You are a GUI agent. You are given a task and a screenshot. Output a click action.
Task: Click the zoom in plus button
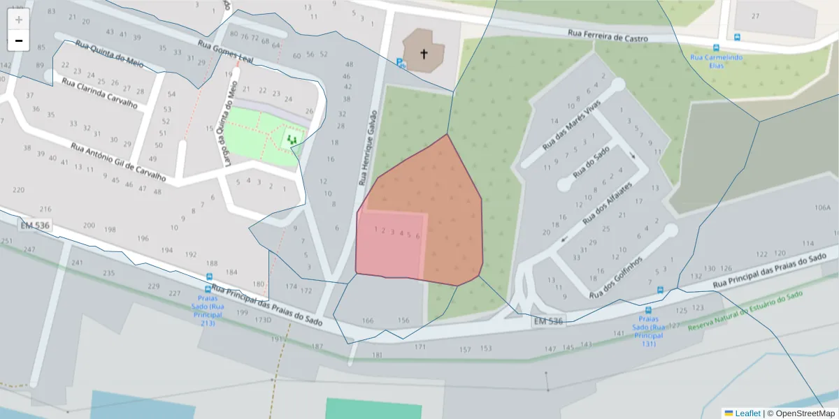click(19, 20)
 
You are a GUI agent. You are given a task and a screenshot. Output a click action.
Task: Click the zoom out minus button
click(19, 41)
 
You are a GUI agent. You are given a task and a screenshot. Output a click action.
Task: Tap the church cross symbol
click(423, 53)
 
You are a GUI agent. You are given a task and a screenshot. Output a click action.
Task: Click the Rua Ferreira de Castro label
click(608, 36)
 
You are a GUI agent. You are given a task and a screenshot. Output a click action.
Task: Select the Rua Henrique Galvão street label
click(368, 147)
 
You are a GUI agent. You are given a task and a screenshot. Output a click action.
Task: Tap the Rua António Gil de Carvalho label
click(118, 162)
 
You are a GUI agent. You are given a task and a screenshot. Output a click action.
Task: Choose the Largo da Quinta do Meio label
click(231, 124)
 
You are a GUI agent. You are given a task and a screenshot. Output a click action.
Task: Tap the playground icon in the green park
click(292, 140)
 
